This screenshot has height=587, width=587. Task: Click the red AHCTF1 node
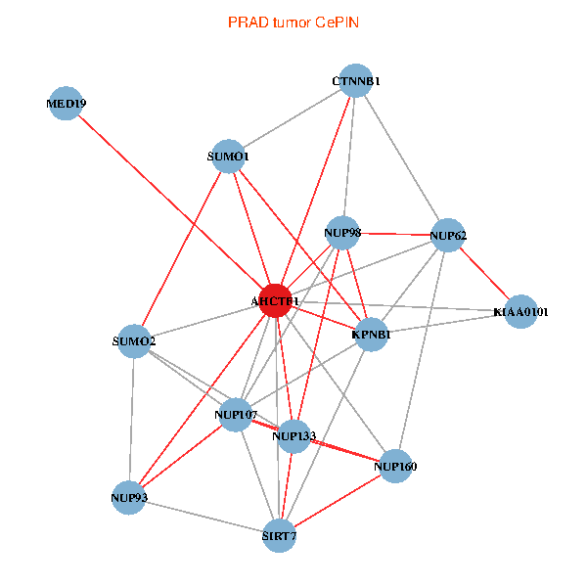point(277,300)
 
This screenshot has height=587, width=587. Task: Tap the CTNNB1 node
point(355,80)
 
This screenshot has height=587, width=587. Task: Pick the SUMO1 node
point(228,157)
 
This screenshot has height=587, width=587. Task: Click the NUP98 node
point(342,233)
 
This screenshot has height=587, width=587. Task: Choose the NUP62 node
point(447,235)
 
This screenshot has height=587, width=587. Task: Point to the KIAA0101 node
point(520,312)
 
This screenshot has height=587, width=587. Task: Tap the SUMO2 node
point(133,341)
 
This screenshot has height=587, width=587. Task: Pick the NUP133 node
point(293,435)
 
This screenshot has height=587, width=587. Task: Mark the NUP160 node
point(394,466)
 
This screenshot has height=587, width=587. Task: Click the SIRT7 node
point(279,535)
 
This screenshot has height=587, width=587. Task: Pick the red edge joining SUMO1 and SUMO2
point(181,248)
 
